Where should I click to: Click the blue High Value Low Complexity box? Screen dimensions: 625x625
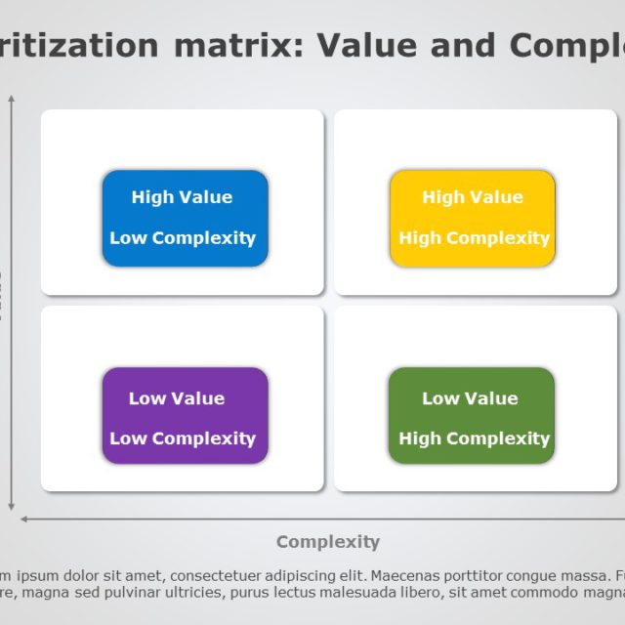pyautogui.click(x=185, y=218)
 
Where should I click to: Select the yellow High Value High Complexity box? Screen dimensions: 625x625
pyautogui.click(x=473, y=218)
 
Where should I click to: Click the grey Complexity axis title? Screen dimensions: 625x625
pyautogui.click(x=327, y=542)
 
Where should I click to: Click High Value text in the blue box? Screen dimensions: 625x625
pyautogui.click(x=183, y=197)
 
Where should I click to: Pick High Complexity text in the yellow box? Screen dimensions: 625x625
pyautogui.click(x=474, y=238)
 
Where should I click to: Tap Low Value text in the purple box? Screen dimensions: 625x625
pyautogui.click(x=177, y=398)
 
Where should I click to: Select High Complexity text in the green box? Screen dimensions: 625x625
pyautogui.click(x=474, y=439)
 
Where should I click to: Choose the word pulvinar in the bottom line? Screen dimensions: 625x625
pyautogui.click(x=125, y=593)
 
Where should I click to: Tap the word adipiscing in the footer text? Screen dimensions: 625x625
pyautogui.click(x=292, y=574)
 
